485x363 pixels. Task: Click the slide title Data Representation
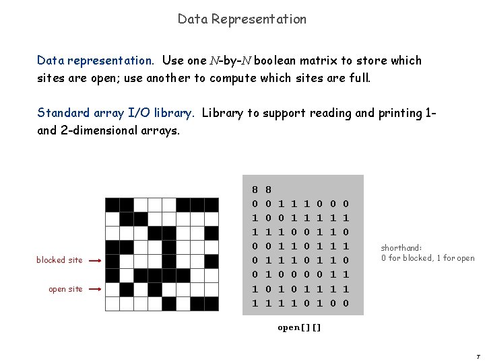tap(242, 19)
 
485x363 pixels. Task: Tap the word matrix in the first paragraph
tap(332, 61)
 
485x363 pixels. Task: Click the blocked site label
tap(60, 260)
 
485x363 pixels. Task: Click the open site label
tap(65, 289)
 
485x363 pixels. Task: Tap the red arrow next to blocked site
tap(94, 260)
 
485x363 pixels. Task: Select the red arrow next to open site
tap(94, 289)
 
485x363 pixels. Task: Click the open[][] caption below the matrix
tap(299, 328)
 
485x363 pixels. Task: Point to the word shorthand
tap(401, 247)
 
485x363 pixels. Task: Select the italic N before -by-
tap(214, 61)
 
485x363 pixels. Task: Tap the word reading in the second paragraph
tap(331, 113)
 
